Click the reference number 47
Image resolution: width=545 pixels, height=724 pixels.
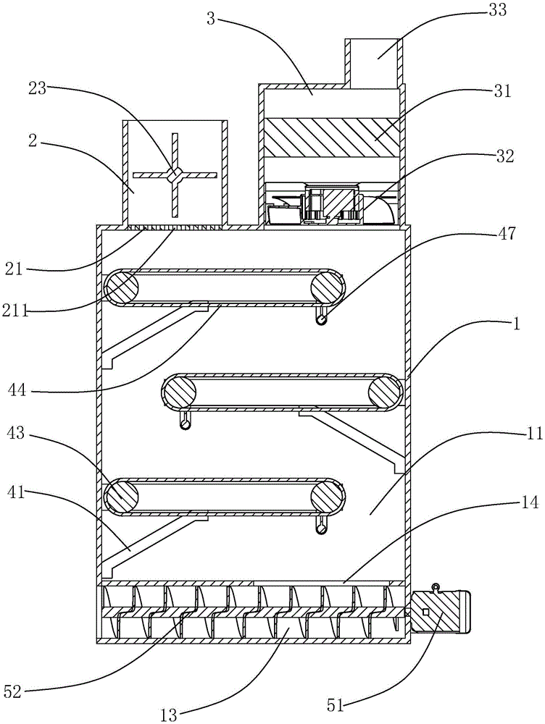pos(499,235)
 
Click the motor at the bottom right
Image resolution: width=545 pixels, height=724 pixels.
pos(440,614)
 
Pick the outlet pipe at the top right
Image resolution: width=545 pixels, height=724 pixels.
pos(374,62)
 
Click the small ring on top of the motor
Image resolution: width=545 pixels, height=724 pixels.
pos(436,586)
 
